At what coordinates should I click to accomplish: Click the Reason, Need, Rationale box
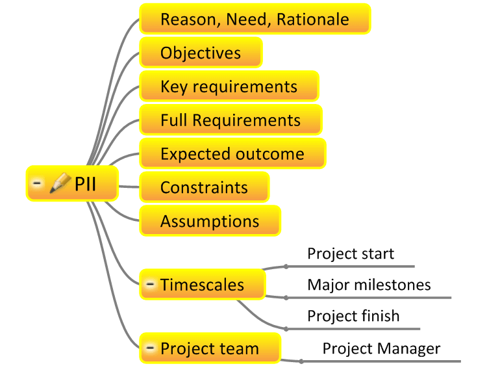click(x=255, y=19)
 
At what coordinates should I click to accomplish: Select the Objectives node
click(x=201, y=53)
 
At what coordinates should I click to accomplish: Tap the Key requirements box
click(x=229, y=86)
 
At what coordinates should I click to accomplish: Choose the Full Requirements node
click(x=231, y=120)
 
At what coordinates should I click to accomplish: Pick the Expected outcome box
click(x=232, y=153)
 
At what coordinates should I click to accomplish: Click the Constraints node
click(x=205, y=187)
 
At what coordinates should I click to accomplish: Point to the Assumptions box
click(x=210, y=221)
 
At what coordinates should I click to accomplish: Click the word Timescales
click(x=202, y=285)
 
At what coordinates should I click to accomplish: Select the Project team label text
click(x=210, y=348)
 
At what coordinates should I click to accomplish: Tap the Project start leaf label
click(x=351, y=254)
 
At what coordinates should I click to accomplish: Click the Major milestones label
click(x=369, y=285)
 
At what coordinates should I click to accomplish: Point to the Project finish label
click(x=353, y=316)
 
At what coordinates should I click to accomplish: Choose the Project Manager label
click(x=381, y=348)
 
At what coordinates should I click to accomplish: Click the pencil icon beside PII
click(x=60, y=183)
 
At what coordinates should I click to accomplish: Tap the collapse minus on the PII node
click(x=37, y=183)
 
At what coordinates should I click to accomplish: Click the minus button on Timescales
click(x=151, y=284)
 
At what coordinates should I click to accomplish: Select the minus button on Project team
click(x=151, y=348)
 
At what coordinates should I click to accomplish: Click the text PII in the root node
click(x=85, y=183)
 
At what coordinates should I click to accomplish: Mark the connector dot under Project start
click(x=286, y=267)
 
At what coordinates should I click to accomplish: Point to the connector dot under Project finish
click(x=286, y=329)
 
